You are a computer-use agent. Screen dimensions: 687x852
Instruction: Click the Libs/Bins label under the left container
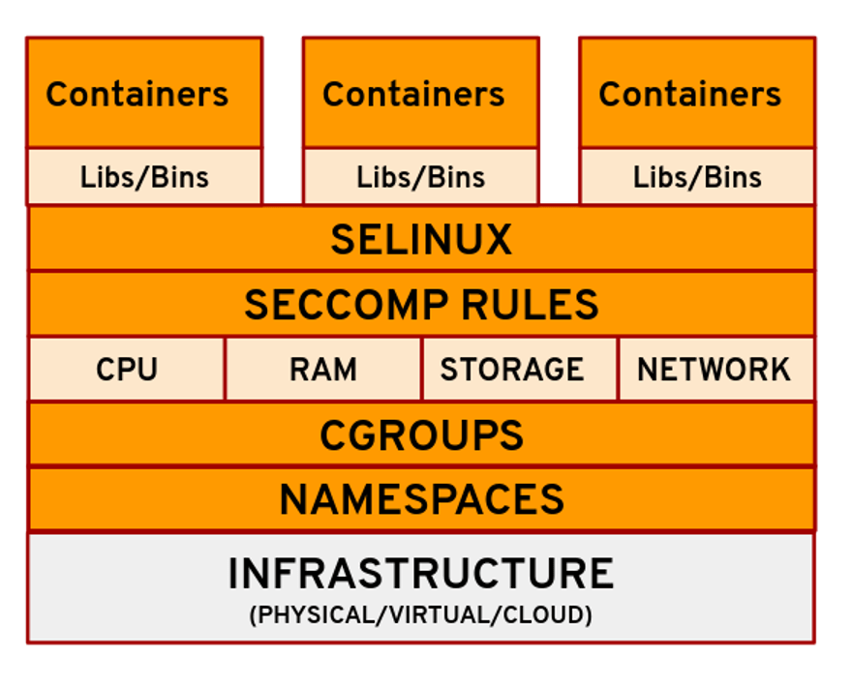click(144, 177)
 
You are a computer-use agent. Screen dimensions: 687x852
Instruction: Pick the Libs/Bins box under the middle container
click(420, 177)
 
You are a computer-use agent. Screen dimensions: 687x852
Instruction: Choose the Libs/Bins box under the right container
click(697, 177)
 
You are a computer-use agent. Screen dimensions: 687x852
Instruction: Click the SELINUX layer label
click(421, 239)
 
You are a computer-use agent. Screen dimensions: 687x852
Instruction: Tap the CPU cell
click(127, 370)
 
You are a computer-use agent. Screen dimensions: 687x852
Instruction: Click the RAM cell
click(322, 370)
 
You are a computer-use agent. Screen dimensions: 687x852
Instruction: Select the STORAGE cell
click(511, 370)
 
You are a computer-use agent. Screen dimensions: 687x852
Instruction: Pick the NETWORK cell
click(714, 370)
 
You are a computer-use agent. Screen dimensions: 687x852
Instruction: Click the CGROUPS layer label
click(421, 435)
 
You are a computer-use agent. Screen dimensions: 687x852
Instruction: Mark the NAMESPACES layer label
click(421, 500)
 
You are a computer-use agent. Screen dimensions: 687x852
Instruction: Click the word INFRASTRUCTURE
click(420, 574)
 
